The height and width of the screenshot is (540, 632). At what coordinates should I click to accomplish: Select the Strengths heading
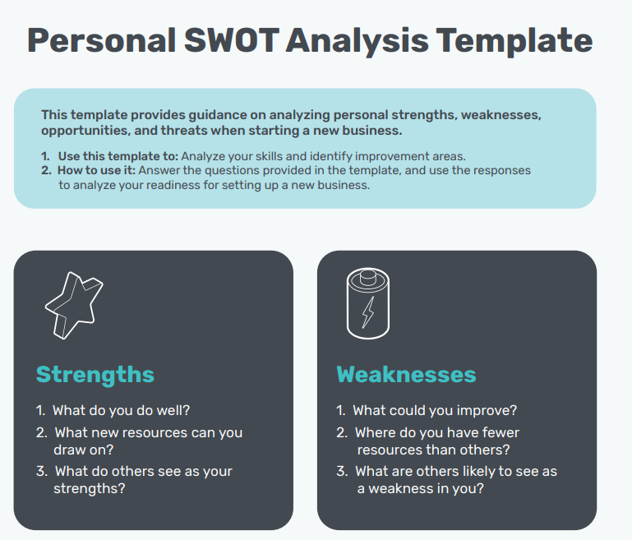click(x=95, y=375)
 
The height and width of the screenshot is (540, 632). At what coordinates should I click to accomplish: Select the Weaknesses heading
click(x=406, y=375)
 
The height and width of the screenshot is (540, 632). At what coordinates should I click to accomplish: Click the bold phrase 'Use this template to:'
click(x=118, y=155)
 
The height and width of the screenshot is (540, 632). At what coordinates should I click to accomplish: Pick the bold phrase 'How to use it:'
click(x=96, y=170)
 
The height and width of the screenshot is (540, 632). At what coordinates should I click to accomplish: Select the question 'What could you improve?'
click(x=435, y=410)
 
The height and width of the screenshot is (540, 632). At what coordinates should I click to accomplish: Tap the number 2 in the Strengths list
click(x=40, y=432)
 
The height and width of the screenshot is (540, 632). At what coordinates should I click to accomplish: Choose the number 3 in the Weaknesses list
click(x=341, y=472)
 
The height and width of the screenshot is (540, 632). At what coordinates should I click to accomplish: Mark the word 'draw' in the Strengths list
click(x=70, y=450)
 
